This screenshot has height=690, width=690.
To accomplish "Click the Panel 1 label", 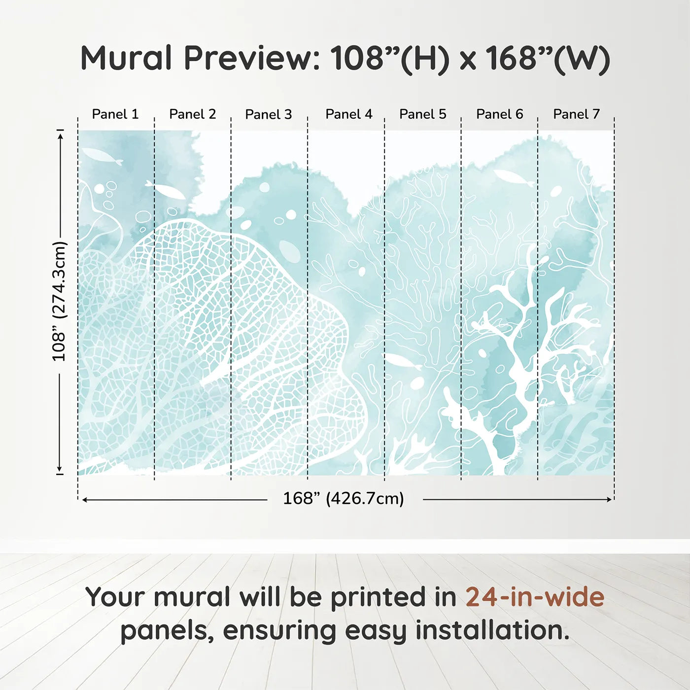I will [115, 114].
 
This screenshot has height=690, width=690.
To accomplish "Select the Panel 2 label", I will [193, 114].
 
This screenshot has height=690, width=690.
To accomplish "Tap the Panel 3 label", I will [269, 114].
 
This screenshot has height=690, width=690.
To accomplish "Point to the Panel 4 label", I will [349, 114].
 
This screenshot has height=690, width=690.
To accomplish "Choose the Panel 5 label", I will [423, 114].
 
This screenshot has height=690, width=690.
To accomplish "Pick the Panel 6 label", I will [499, 114].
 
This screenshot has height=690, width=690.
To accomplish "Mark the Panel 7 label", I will [576, 114].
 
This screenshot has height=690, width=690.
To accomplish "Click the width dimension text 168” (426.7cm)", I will [344, 499].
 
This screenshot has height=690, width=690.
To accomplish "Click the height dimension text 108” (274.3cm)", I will [59, 301].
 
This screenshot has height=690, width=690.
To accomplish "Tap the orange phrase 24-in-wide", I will [535, 597].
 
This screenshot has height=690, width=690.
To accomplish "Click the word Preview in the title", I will [252, 59].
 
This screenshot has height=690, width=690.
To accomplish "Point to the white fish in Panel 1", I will [103, 157].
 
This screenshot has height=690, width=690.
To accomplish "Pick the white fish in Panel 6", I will [513, 177].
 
